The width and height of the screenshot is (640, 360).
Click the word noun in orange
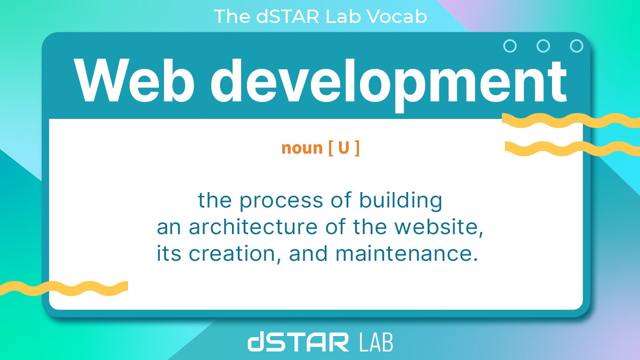click(302, 148)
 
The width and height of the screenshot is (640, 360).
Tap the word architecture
click(253, 227)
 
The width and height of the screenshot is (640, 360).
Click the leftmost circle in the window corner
click(510, 46)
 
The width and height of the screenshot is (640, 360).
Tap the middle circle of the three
click(543, 46)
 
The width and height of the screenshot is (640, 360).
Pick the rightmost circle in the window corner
click(577, 46)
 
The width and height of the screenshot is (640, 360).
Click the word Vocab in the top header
click(400, 17)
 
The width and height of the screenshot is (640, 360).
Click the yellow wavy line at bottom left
click(64, 288)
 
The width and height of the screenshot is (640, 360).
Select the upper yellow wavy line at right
click(571, 121)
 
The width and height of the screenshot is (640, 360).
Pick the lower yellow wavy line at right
click(571, 148)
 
